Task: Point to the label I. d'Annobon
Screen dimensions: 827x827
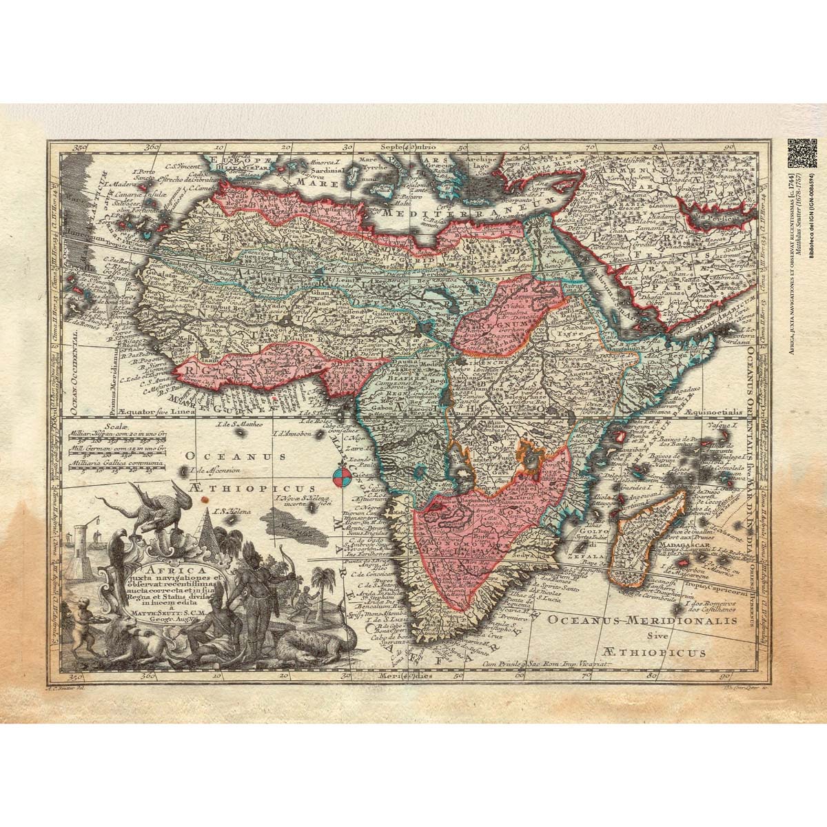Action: pyautogui.click(x=295, y=433)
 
